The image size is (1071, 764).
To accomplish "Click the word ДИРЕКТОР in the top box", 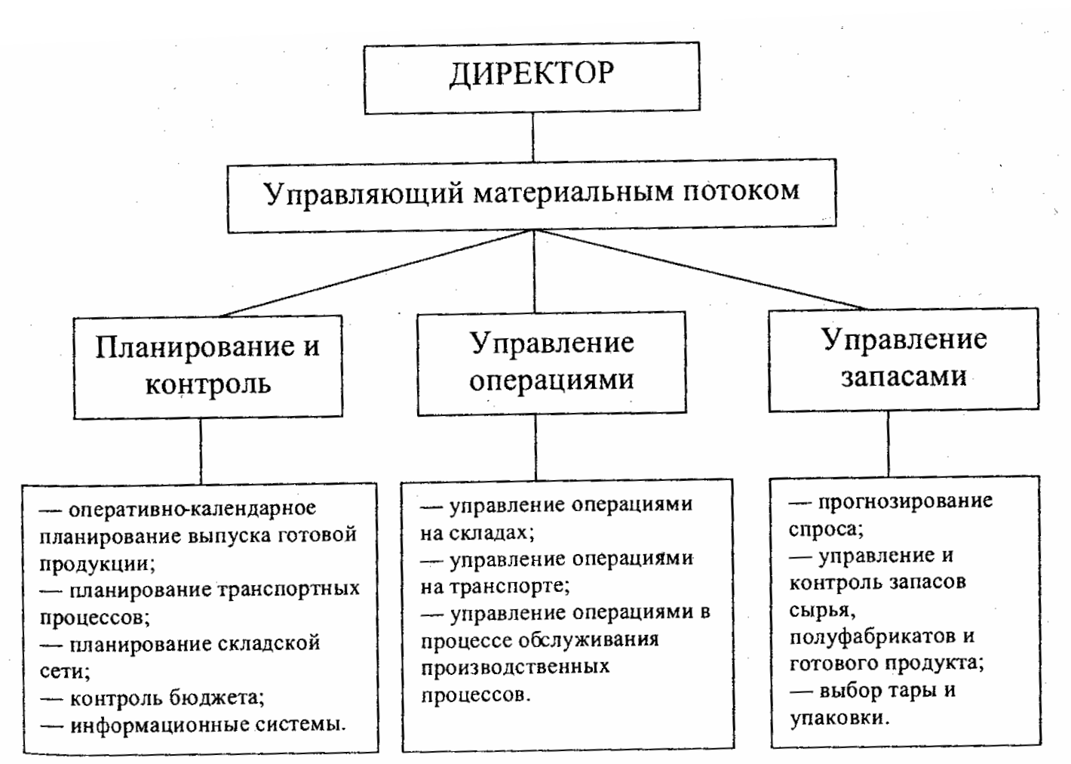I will click(532, 74).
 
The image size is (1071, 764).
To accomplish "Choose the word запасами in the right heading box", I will click(904, 375).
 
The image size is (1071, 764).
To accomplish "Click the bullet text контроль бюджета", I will click(167, 697).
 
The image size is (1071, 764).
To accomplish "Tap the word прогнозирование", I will click(905, 501).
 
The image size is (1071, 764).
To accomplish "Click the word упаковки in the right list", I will click(838, 718).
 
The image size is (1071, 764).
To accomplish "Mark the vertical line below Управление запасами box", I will click(888, 444).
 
